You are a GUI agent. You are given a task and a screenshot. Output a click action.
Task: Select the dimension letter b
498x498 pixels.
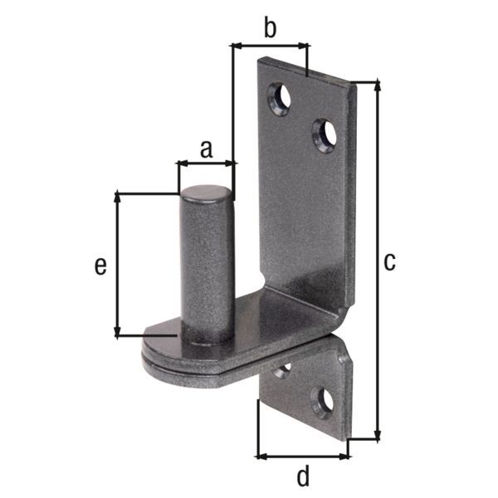(x=269, y=28)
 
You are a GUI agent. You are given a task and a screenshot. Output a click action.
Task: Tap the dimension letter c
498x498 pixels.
(x=389, y=261)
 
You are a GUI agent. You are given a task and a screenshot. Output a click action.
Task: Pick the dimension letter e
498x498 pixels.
(x=100, y=265)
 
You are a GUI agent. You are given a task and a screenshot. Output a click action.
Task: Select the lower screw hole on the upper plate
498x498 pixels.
(x=324, y=134)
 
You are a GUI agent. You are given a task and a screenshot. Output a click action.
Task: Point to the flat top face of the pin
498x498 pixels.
(x=207, y=193)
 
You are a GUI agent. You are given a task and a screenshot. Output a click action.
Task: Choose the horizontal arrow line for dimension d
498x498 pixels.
(x=302, y=455)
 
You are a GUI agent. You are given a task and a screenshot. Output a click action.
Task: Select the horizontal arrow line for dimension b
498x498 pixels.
(x=269, y=46)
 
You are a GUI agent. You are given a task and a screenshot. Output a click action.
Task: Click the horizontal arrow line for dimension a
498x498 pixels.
(x=206, y=164)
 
